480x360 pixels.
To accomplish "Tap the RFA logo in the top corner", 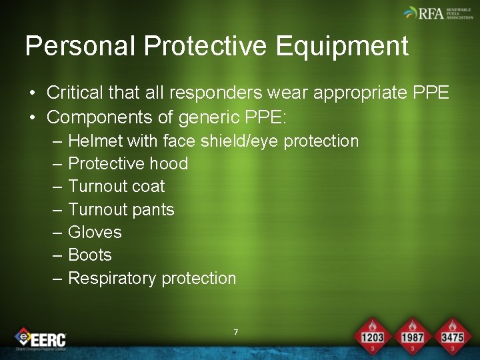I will (x=437, y=13).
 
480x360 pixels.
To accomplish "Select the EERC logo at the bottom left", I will (x=41, y=338).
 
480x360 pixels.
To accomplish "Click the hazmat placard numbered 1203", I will (x=372, y=334).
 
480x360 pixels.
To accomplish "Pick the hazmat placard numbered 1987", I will (x=412, y=334).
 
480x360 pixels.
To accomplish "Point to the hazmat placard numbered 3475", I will (x=451, y=334).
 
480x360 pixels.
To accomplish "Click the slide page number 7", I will (x=236, y=332).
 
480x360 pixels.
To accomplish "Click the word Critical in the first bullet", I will (x=75, y=93).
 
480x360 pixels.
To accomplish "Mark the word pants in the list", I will (x=153, y=210).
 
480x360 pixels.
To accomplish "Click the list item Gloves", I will (x=95, y=232).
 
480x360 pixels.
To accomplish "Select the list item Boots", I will (x=90, y=255).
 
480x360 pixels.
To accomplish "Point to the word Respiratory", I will (x=112, y=278).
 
